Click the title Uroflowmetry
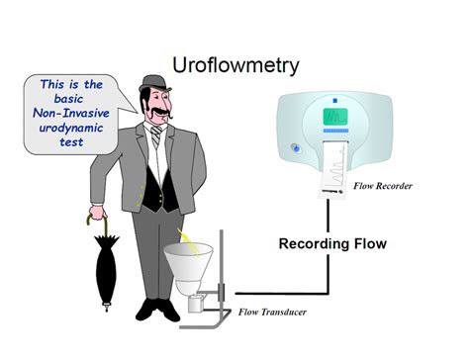[x=234, y=65]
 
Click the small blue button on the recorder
[x=294, y=149]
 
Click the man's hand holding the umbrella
[x=95, y=214]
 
